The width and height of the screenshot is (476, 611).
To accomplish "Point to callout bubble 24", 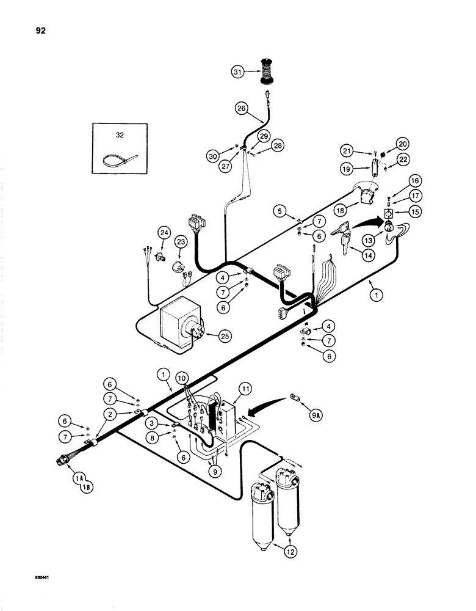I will (163, 232).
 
